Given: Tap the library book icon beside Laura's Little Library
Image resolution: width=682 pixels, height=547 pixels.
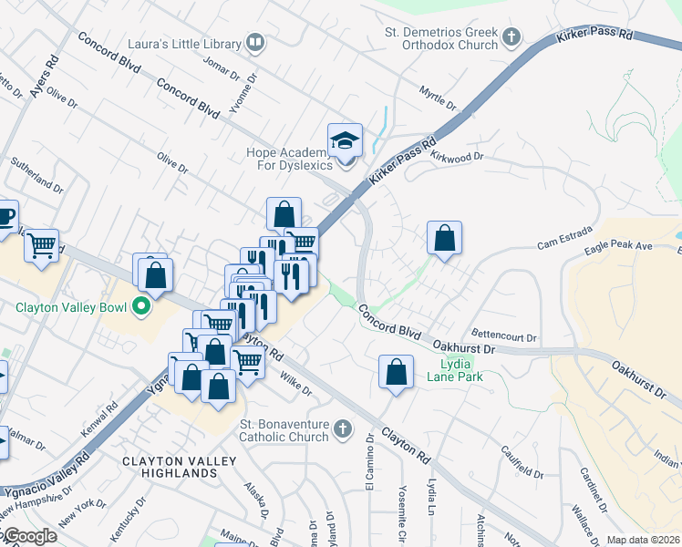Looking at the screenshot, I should pos(256,42).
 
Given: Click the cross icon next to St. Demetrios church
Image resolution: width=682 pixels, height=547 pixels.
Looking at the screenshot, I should pos(511,38).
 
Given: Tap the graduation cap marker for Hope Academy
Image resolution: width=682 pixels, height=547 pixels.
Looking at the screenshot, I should pos(346,140).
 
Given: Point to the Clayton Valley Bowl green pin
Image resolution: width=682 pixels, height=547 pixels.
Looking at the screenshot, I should pos(141,306).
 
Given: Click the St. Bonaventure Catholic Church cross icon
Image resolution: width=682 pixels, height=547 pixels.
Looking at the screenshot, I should pos(342,428).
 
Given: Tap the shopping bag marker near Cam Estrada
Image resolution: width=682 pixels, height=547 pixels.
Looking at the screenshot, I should pos(444,239).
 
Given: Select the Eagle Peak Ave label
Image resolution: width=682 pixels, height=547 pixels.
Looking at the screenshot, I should pos(618,246).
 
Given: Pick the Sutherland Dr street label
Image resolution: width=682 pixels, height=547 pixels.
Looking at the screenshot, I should pos(36,175).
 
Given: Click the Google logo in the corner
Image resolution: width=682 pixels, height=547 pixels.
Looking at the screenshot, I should pos(29,536).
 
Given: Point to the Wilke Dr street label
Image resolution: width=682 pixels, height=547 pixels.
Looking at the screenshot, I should pos(295,384).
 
